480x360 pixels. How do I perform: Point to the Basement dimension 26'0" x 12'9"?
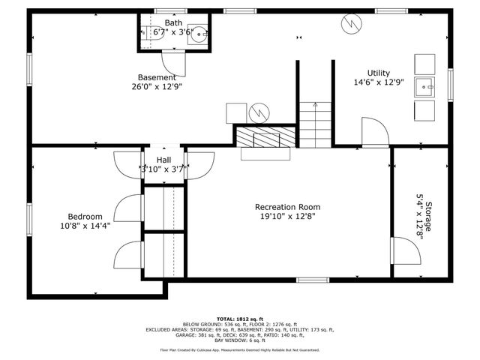click(157, 86)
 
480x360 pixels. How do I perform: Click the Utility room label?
click(378, 73)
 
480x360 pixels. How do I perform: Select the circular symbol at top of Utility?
click(350, 24)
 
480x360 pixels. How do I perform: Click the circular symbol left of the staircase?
click(258, 112)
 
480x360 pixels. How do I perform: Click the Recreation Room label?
click(287, 207)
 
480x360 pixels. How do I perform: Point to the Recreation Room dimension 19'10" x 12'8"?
click(287, 217)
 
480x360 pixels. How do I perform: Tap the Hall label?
click(163, 160)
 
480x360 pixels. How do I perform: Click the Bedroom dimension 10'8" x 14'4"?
click(85, 225)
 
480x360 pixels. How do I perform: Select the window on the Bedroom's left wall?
click(30, 218)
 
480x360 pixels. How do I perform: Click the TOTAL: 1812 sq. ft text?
click(240, 319)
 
